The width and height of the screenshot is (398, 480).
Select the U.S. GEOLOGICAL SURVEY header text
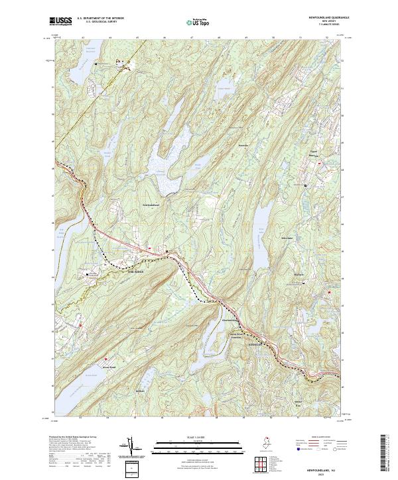(x=101, y=22)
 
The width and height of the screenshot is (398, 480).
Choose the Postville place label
(x=243, y=143)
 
